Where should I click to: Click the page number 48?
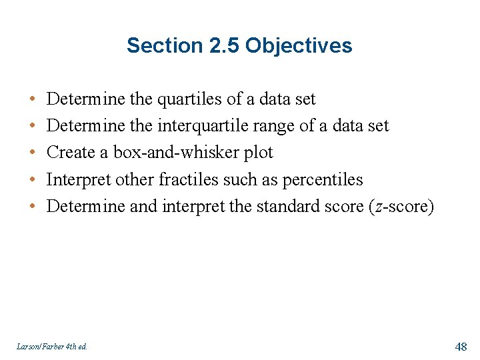[x=461, y=346]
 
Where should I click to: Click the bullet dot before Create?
[x=33, y=153]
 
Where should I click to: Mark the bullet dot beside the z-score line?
[x=33, y=207]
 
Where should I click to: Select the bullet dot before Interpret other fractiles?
[x=33, y=180]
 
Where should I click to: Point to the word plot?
[x=258, y=153]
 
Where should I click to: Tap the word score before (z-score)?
[x=341, y=207]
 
